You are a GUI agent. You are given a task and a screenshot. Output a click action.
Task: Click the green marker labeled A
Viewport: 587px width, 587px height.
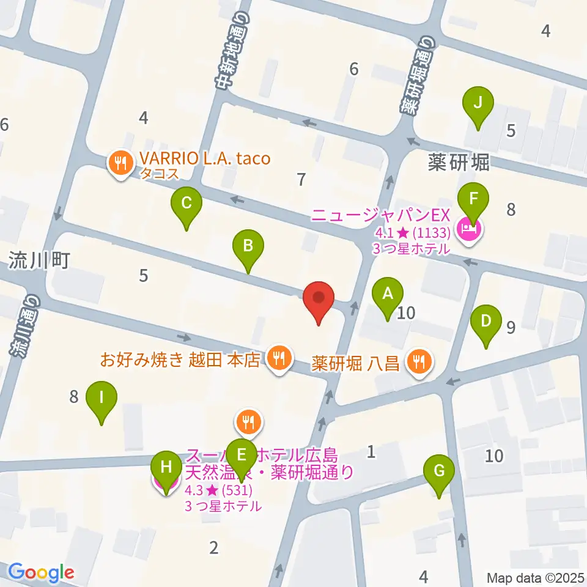point(387,294)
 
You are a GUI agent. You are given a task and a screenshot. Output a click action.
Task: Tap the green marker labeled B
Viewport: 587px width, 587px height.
point(248,246)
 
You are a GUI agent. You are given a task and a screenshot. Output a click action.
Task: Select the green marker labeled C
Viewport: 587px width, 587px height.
point(187,203)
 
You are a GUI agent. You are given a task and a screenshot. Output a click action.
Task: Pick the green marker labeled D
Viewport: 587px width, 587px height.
point(486,322)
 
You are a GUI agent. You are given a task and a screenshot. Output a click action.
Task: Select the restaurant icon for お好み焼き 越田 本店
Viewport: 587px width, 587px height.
point(279,357)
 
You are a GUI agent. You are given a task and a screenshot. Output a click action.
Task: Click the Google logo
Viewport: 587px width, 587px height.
point(41,572)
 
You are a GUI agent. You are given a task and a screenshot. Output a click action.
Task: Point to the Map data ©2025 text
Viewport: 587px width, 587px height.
point(536,577)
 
